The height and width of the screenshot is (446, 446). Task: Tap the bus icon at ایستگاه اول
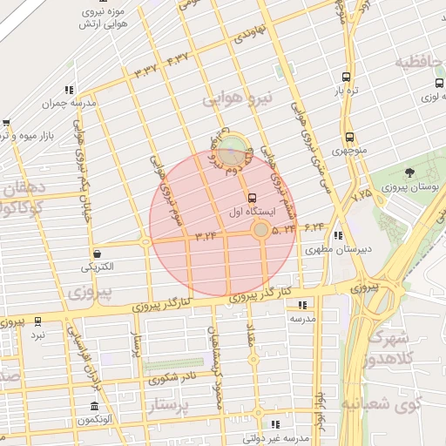[253, 198]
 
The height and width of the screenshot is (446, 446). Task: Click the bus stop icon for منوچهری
[349, 137]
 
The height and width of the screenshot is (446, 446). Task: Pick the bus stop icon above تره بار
[347, 77]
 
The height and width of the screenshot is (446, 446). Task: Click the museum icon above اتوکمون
[94, 406]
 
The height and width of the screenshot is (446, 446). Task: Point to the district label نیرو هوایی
[238, 98]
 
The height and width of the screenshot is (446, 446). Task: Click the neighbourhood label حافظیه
[420, 63]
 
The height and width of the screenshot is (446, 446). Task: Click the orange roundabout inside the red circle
[260, 229]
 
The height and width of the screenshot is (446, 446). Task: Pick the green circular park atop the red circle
[231, 149]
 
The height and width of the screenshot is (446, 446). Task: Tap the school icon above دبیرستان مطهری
[337, 235]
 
